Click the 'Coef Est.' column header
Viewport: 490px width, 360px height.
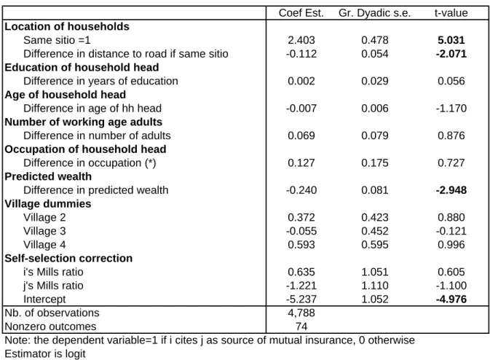301,13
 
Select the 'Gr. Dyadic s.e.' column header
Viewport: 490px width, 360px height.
374,13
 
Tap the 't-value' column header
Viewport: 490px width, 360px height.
451,13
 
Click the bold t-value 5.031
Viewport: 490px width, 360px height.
451,40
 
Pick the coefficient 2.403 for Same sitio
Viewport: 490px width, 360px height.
301,40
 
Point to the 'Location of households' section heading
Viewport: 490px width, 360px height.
67,26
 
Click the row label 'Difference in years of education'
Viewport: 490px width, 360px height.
100,81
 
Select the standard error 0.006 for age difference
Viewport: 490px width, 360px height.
375,109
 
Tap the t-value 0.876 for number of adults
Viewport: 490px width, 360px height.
451,136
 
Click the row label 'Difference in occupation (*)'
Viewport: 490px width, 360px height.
90,163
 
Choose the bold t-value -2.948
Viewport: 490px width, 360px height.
451,190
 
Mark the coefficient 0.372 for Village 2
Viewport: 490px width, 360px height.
301,217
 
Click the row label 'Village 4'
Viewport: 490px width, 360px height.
44,245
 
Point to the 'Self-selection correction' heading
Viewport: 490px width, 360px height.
68,259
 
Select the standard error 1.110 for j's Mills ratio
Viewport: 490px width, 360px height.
375,285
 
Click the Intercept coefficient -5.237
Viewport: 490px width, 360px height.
301,299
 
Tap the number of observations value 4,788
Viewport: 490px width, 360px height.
301,313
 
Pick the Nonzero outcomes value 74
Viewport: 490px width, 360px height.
301,326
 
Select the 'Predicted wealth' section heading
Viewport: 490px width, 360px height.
48,176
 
